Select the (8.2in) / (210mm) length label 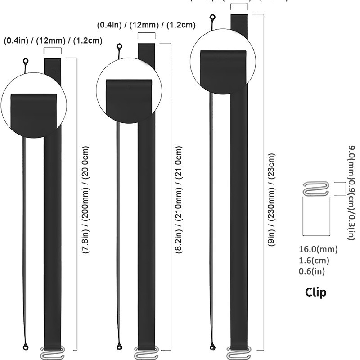click(x=180, y=201)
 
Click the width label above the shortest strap click(x=53, y=41)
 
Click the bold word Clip click(x=316, y=292)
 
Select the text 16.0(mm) click(x=318, y=249)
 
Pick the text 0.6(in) click(x=312, y=271)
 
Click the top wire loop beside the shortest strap click(x=26, y=62)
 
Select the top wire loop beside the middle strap click(x=120, y=46)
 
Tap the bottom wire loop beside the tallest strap click(x=213, y=346)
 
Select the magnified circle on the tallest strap click(x=223, y=61)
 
